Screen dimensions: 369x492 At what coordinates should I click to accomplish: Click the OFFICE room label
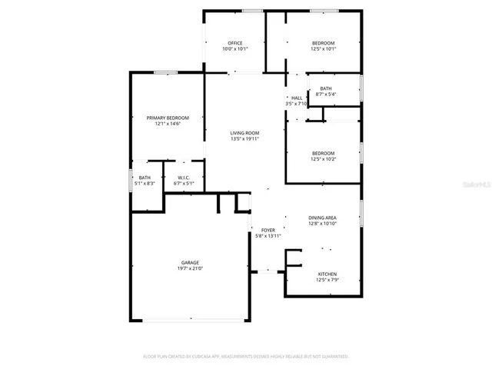pos(234,43)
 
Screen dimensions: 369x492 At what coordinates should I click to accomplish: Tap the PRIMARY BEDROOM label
pos(168,118)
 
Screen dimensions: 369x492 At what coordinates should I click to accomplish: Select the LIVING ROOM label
pos(244,133)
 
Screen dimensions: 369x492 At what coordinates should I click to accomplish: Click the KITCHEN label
pos(327,274)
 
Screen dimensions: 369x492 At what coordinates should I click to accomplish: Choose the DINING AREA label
pos(323,218)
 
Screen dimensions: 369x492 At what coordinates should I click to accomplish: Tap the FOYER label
pos(268,230)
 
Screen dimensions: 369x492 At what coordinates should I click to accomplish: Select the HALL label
pos(296,98)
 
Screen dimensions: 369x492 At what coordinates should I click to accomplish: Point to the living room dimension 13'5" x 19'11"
pos(244,139)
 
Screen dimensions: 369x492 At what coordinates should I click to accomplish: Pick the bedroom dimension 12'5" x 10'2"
pos(323,159)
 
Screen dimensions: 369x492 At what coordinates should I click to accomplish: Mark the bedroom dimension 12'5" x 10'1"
pos(323,49)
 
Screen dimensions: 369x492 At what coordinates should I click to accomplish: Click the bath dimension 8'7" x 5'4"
pos(327,94)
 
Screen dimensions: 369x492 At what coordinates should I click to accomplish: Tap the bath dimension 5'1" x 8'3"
pos(145,184)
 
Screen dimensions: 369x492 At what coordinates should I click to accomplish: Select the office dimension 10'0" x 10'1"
pos(234,49)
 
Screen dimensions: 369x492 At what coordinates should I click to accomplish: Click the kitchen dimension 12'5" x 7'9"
pos(327,281)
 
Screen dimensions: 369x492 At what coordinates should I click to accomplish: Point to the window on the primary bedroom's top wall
pos(165,73)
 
